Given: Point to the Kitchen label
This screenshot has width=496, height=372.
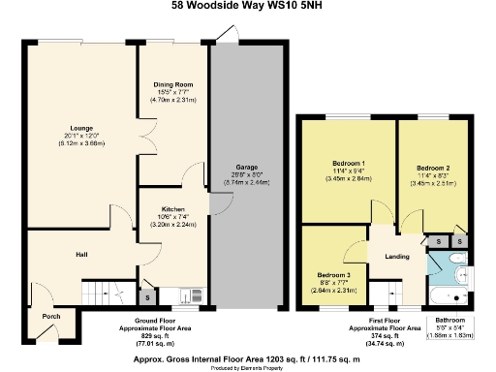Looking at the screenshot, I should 174,209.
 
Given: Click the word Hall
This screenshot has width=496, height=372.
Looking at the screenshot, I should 82,255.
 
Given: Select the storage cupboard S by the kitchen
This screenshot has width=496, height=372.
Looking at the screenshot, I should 146,297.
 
